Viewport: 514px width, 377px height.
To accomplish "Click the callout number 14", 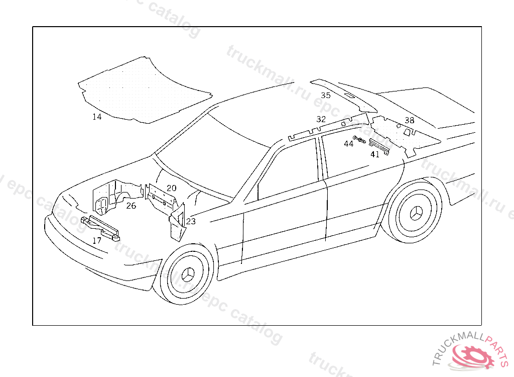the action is [x=97, y=117].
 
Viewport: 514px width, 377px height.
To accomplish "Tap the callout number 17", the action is [x=97, y=241].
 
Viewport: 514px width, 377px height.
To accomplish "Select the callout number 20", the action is [x=172, y=188].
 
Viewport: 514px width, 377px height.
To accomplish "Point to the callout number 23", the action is [x=191, y=221].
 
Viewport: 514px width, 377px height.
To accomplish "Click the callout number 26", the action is [x=131, y=206].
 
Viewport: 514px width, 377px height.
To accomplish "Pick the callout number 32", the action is [x=321, y=119].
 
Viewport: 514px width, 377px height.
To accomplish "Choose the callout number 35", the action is [x=326, y=95].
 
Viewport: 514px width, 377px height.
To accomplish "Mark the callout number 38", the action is [x=410, y=121].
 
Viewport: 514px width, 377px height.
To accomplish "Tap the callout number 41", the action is [x=375, y=154].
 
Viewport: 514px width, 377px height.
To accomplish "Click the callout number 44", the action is [x=348, y=144].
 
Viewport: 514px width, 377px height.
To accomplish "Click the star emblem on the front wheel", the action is [x=188, y=274].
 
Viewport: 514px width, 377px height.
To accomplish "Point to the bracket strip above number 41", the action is [x=380, y=146].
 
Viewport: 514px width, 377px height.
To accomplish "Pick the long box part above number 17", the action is [x=100, y=226].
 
